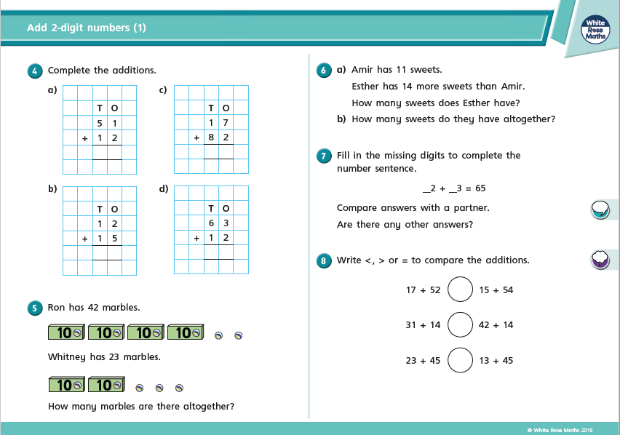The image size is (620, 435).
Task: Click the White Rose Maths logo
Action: click(595, 30)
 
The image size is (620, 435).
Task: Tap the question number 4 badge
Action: click(34, 71)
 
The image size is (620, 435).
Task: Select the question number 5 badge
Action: click(34, 308)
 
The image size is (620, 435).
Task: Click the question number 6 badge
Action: click(324, 71)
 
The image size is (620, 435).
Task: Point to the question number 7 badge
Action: click(324, 156)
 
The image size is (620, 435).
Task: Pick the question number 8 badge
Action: click(324, 260)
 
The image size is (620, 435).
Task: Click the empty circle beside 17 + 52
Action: click(460, 290)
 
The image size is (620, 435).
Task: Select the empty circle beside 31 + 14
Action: click(460, 324)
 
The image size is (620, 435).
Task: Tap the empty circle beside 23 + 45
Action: click(460, 360)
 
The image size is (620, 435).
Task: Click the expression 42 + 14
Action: click(496, 325)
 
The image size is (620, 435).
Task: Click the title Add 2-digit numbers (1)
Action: click(87, 28)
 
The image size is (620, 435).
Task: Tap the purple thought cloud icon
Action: click(600, 259)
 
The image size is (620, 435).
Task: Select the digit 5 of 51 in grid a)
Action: click(100, 123)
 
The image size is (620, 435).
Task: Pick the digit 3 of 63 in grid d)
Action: click(226, 223)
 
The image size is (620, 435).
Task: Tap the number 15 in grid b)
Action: click(107, 238)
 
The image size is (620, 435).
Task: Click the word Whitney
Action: click(65, 357)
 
